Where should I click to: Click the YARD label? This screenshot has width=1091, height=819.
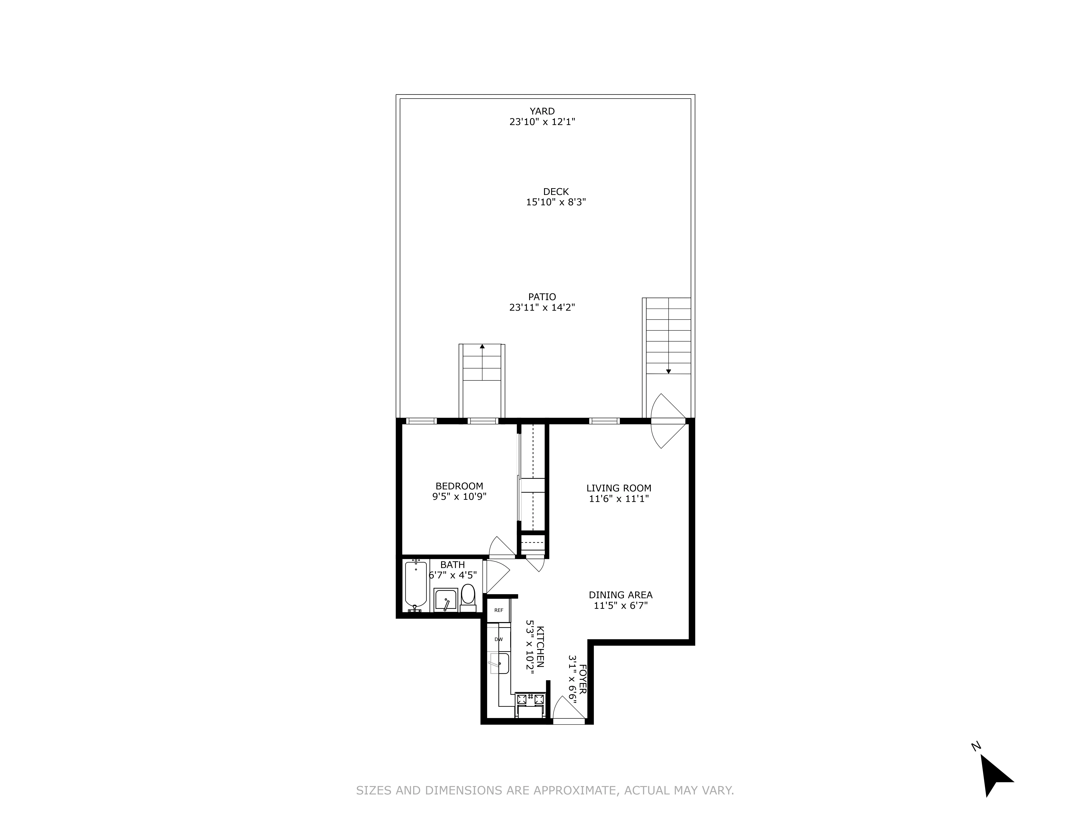pyautogui.click(x=542, y=111)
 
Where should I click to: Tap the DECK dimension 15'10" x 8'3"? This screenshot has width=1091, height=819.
pyautogui.click(x=556, y=202)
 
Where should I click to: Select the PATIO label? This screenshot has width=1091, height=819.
pyautogui.click(x=542, y=297)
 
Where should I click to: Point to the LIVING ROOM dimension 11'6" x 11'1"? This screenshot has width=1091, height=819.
pyautogui.click(x=618, y=499)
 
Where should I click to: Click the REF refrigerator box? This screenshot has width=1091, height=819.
pyautogui.click(x=499, y=610)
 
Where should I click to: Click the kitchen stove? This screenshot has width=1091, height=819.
pyautogui.click(x=530, y=699)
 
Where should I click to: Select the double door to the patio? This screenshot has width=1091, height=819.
pyautogui.click(x=667, y=421)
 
